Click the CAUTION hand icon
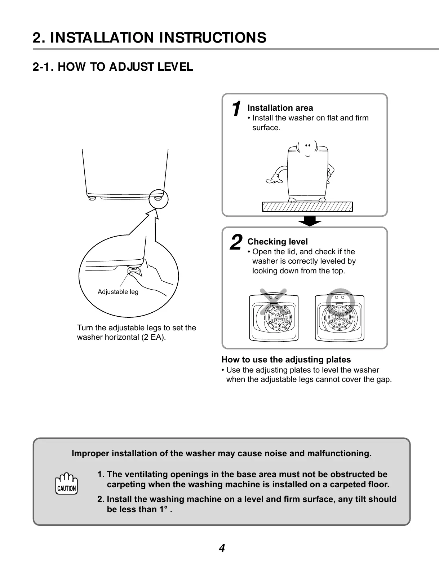pos(66,484)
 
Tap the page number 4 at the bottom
pos(222,549)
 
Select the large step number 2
pos(236,242)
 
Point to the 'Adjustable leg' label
pos(118,292)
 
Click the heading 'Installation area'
pos(280,108)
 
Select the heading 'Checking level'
pos(278,242)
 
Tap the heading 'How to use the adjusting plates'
pos(286,360)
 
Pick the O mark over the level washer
pos(340,299)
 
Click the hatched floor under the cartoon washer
pos(307,207)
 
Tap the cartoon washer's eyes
pos(307,145)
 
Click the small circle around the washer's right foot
pos(158,199)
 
